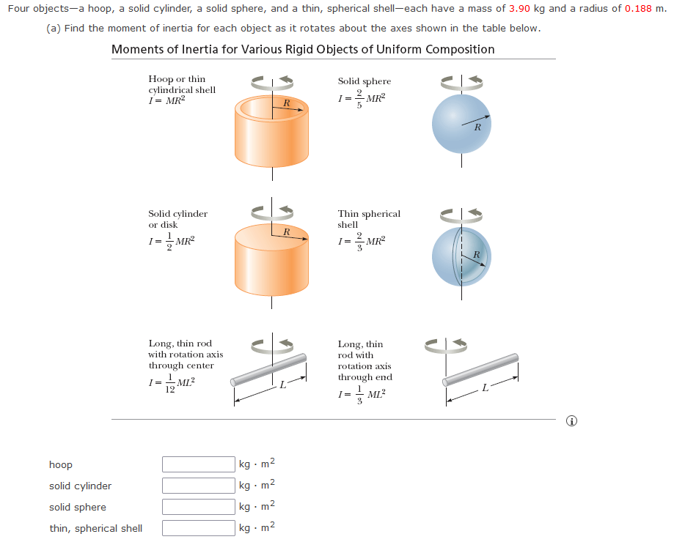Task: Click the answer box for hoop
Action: (x=198, y=464)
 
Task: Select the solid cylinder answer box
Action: (x=198, y=486)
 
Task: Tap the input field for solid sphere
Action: (x=198, y=507)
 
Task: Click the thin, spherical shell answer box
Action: (x=198, y=528)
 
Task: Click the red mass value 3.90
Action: (x=519, y=9)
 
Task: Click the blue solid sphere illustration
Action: (x=461, y=123)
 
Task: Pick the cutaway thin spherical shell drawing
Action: (x=461, y=256)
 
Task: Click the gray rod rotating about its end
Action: (x=480, y=370)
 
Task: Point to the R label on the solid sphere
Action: (x=477, y=127)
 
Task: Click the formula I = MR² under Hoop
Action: (x=166, y=100)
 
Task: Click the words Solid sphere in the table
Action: (x=364, y=81)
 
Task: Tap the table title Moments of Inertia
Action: (x=302, y=49)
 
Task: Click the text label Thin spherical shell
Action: (x=369, y=219)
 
